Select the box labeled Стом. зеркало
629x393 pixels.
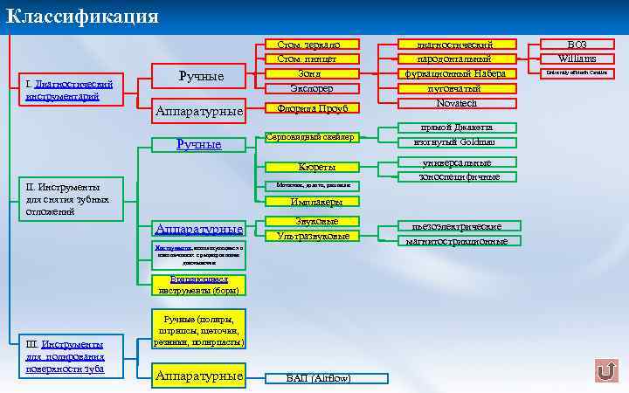(301, 44)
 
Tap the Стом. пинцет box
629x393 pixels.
(301, 59)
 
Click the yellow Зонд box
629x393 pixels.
(301, 73)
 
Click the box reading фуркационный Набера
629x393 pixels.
(454, 73)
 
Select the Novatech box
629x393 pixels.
(454, 103)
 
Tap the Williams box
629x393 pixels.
(577, 59)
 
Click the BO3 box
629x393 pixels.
(577, 44)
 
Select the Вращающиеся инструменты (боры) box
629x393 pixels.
(197, 285)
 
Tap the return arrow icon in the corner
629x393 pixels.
(605, 370)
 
